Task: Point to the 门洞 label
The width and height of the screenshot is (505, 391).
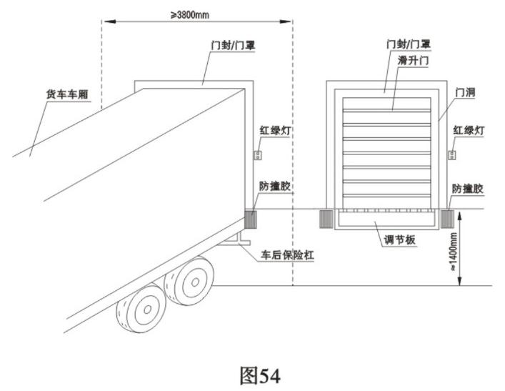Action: coord(464,93)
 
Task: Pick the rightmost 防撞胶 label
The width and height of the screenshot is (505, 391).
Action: coord(468,188)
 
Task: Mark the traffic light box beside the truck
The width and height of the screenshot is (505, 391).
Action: coord(259,154)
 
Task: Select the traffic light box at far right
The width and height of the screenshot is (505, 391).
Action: coord(452,154)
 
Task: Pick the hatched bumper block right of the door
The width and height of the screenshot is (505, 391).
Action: coord(449,217)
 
